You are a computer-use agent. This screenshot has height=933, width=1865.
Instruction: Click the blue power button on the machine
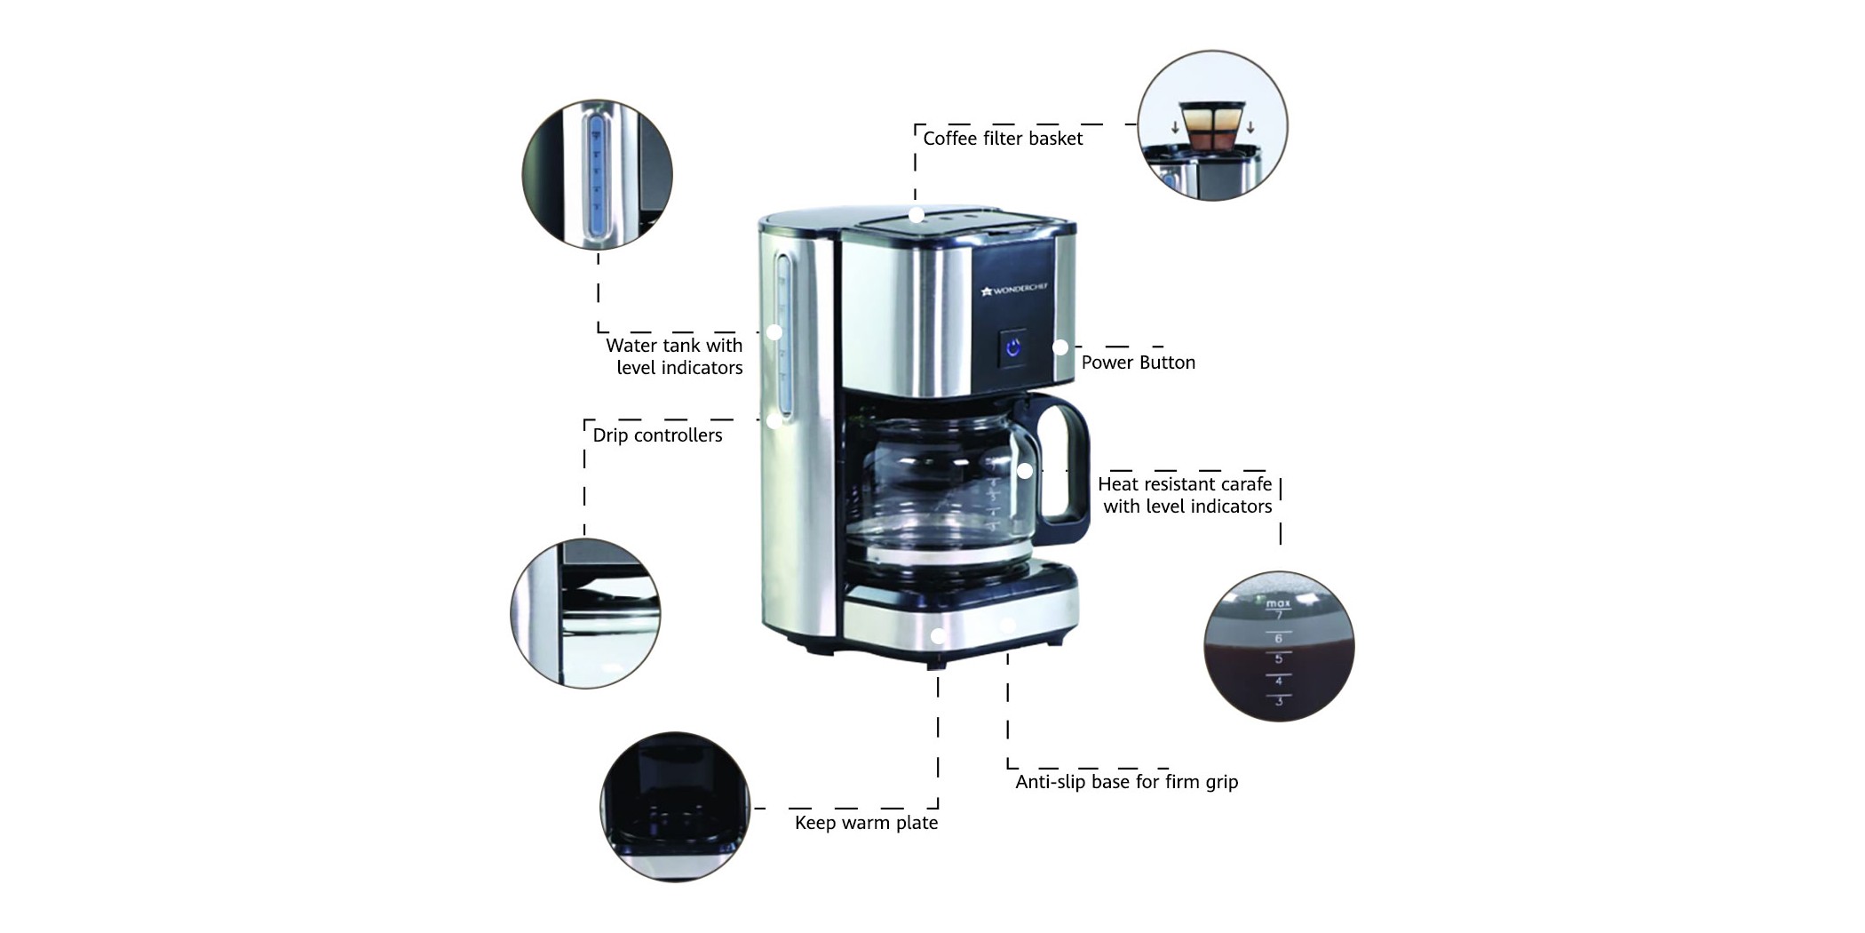(1012, 347)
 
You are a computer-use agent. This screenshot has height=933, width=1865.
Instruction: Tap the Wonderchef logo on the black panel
(1014, 289)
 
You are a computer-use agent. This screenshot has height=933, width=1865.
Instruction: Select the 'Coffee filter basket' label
(1003, 139)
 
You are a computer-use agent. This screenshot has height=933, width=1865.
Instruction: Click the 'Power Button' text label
(1138, 363)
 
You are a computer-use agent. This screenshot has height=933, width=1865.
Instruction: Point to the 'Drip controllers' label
(657, 435)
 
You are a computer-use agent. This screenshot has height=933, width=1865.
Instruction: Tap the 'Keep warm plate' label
(866, 823)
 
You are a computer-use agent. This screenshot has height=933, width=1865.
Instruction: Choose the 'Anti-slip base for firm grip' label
(1126, 782)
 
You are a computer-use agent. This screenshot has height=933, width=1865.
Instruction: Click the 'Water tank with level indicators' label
(675, 356)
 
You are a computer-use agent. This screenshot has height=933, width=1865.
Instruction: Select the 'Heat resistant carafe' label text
(1185, 484)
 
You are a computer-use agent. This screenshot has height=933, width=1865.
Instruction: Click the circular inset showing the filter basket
(1212, 125)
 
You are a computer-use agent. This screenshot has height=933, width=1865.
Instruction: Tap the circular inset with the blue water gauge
(597, 174)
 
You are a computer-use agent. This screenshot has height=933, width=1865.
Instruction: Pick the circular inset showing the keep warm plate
(675, 807)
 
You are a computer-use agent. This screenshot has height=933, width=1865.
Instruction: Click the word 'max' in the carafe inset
(1277, 603)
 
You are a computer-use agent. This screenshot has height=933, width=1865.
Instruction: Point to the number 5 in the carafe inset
(1279, 658)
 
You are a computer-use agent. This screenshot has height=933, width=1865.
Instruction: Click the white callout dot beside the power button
(1060, 347)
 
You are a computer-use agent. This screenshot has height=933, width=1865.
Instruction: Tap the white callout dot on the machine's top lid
(916, 215)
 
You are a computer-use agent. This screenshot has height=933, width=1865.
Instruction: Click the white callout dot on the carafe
(1025, 471)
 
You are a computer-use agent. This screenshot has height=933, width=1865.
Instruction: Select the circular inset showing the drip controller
(585, 613)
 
